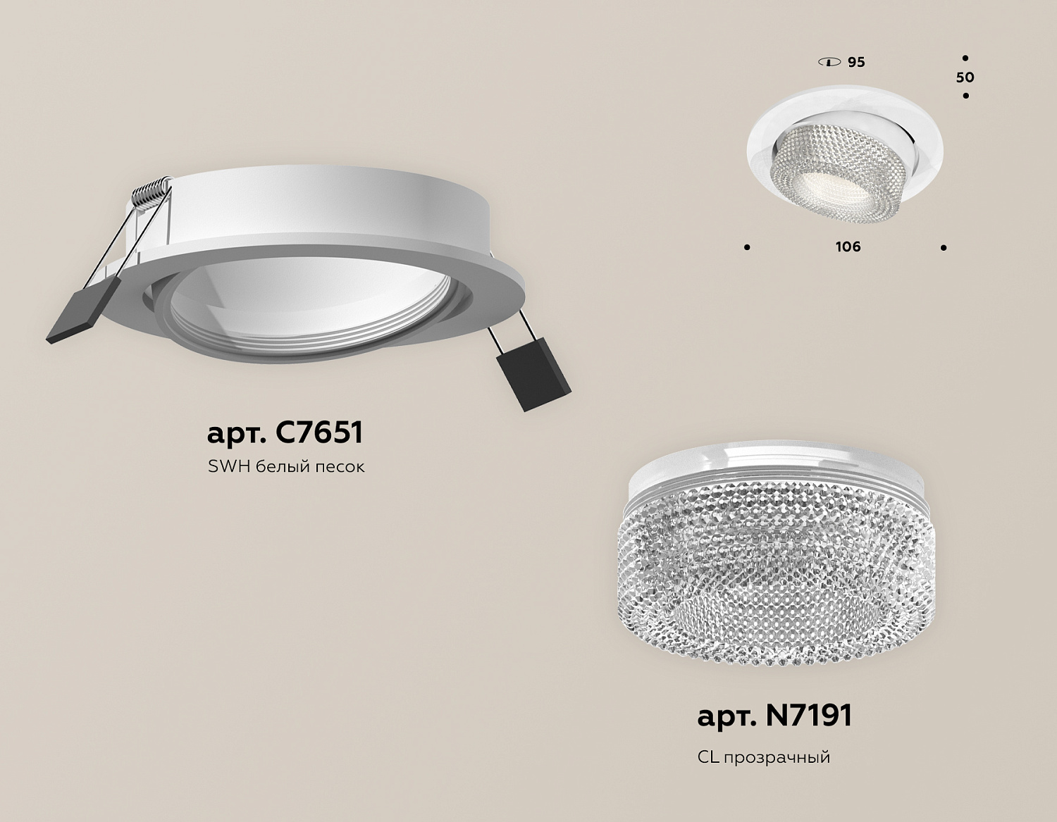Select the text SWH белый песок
[286, 467]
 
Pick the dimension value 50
[965, 77]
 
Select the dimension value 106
[848, 247]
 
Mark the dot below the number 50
[965, 96]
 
